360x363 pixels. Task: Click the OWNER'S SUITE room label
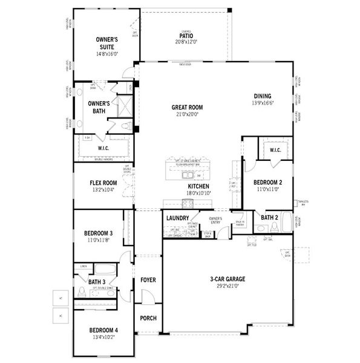tap(106, 43)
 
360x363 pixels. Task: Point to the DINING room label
tap(263, 96)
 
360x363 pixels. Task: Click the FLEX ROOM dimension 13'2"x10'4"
tap(103, 189)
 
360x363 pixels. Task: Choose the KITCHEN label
tap(198, 186)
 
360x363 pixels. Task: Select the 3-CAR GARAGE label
tap(227, 279)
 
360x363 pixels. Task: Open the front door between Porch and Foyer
tap(144, 299)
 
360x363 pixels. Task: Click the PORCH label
tap(148, 318)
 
